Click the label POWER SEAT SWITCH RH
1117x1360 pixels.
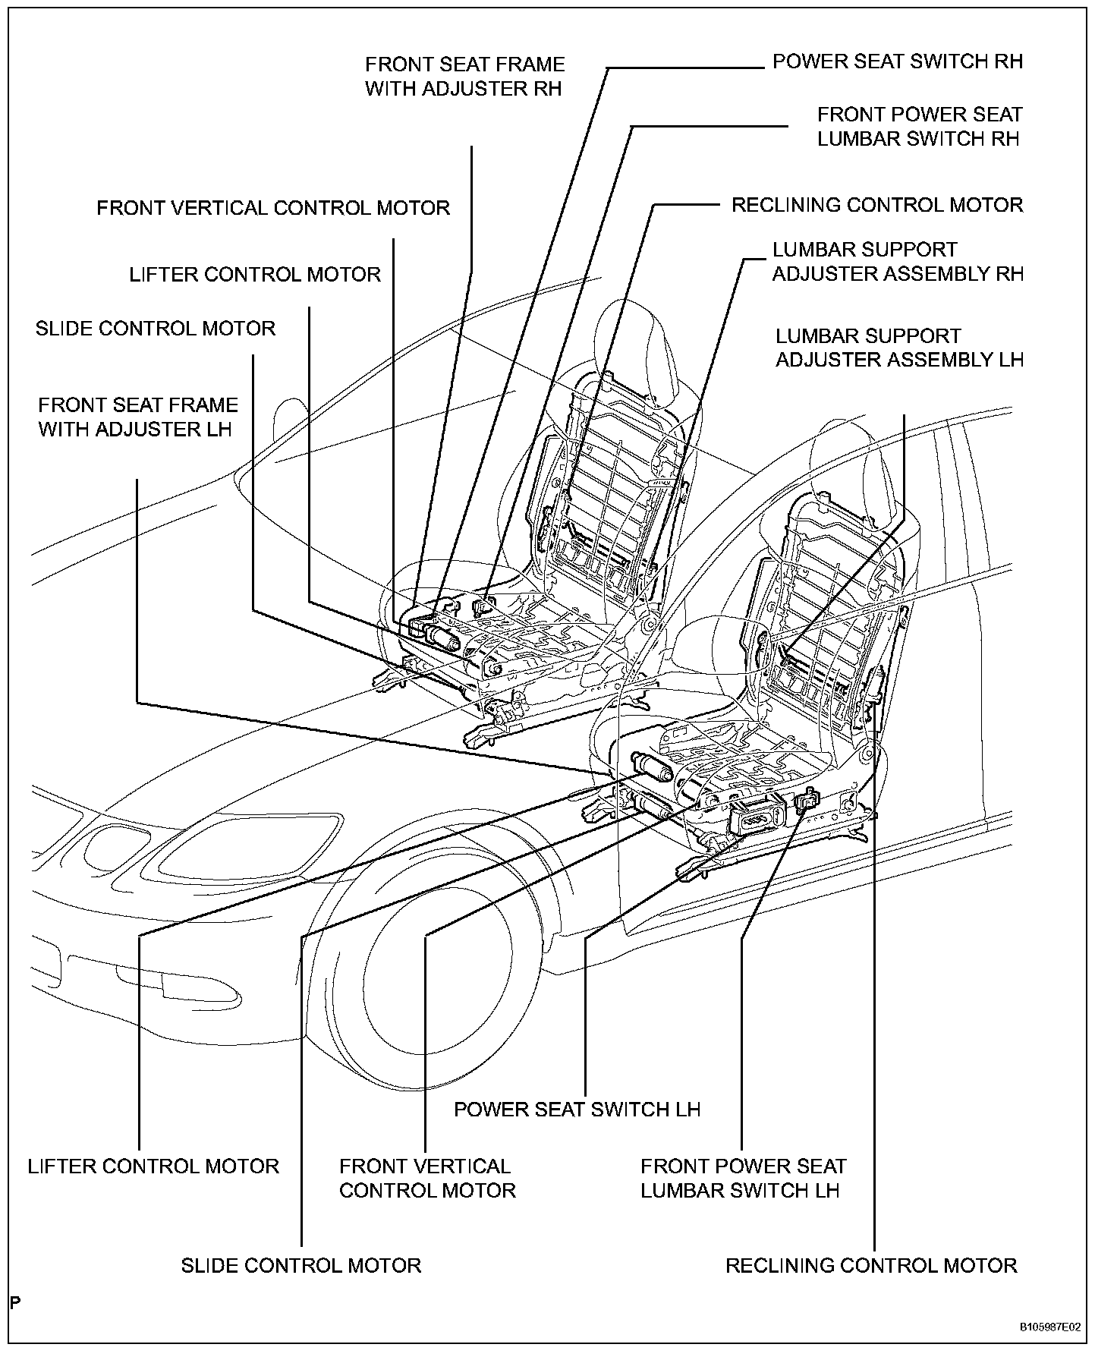coord(897,61)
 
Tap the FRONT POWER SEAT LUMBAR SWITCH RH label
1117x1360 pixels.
coord(919,127)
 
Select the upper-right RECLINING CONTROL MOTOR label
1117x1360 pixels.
coord(876,205)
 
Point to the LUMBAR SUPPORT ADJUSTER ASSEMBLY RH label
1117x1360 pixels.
coord(898,262)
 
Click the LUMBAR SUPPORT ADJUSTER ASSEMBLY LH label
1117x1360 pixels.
coord(899,348)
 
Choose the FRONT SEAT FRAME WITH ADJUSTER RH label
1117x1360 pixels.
coord(464,76)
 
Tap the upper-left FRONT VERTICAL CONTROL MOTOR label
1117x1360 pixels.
coord(273,208)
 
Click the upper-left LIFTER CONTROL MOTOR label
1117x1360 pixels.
coord(255,274)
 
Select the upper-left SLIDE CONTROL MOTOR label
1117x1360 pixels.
coord(156,329)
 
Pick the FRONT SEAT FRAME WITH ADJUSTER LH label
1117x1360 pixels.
coord(137,417)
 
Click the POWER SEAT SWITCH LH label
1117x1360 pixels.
coord(577,1109)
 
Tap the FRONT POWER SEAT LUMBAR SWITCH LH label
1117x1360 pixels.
coord(743,1178)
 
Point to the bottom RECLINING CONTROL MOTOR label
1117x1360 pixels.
coord(871,1265)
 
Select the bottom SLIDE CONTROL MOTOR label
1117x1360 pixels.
coord(300,1265)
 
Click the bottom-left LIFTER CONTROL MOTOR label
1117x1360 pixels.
coord(153,1166)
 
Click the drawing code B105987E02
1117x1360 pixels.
coord(1049,1327)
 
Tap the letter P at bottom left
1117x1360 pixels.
coord(15,1303)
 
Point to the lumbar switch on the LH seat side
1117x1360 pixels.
coord(808,801)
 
